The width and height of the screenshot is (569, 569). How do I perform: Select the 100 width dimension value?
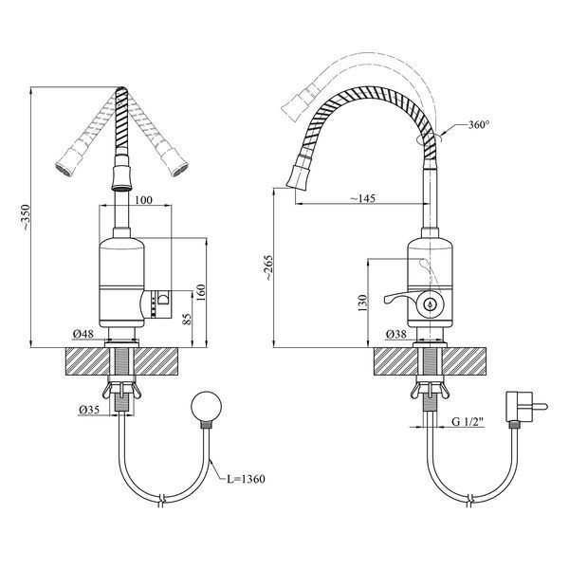pyautogui.click(x=144, y=200)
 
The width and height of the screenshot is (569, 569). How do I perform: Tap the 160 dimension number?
pyautogui.click(x=201, y=292)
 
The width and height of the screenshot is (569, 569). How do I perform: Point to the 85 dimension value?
pyautogui.click(x=187, y=319)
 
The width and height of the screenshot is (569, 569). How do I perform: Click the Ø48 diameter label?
pyautogui.click(x=83, y=334)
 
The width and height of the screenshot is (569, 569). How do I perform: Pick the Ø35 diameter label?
pyautogui.click(x=89, y=410)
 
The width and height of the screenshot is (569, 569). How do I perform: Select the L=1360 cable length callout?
pyautogui.click(x=246, y=479)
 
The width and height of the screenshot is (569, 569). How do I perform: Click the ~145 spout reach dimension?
pyautogui.click(x=362, y=198)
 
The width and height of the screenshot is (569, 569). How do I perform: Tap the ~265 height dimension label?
pyautogui.click(x=268, y=267)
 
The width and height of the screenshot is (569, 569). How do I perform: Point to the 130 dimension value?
pyautogui.click(x=362, y=303)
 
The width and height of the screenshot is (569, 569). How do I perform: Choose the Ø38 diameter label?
pyautogui.click(x=396, y=334)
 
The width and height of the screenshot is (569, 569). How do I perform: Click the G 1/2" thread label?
pyautogui.click(x=468, y=421)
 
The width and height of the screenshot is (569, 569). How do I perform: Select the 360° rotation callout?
pyautogui.click(x=479, y=125)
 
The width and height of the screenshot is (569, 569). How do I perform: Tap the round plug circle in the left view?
pyautogui.click(x=207, y=407)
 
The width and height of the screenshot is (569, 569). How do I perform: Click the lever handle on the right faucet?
pyautogui.click(x=399, y=297)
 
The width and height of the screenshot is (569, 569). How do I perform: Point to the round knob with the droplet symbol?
pyautogui.click(x=430, y=304)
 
